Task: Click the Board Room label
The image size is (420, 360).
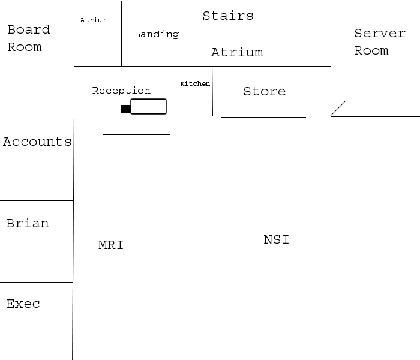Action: [28, 38]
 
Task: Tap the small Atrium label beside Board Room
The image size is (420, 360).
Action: [93, 20]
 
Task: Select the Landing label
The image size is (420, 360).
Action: [156, 34]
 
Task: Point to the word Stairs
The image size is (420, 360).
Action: [227, 16]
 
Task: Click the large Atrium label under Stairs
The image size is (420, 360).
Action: [236, 53]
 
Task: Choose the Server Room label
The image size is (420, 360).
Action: [379, 42]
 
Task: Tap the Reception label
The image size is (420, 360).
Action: [121, 91]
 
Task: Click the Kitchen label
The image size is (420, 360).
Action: [195, 84]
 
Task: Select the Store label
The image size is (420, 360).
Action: [264, 91]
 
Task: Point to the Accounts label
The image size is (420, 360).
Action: [37, 142]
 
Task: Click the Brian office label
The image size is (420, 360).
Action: [27, 224]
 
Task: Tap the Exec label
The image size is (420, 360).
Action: [23, 304]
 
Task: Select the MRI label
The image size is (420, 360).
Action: [110, 245]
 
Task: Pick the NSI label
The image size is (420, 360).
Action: [276, 240]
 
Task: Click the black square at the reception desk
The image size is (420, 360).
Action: [125, 109]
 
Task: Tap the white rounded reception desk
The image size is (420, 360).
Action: [148, 107]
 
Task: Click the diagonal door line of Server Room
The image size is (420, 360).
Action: [338, 109]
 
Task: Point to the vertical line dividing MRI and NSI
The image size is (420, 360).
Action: [194, 234]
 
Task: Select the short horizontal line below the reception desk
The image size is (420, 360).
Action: [136, 135]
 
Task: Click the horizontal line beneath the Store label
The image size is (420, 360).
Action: [263, 117]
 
